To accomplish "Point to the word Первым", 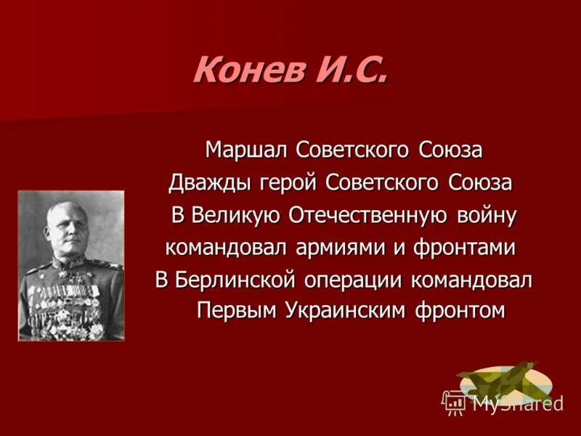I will (233, 310).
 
